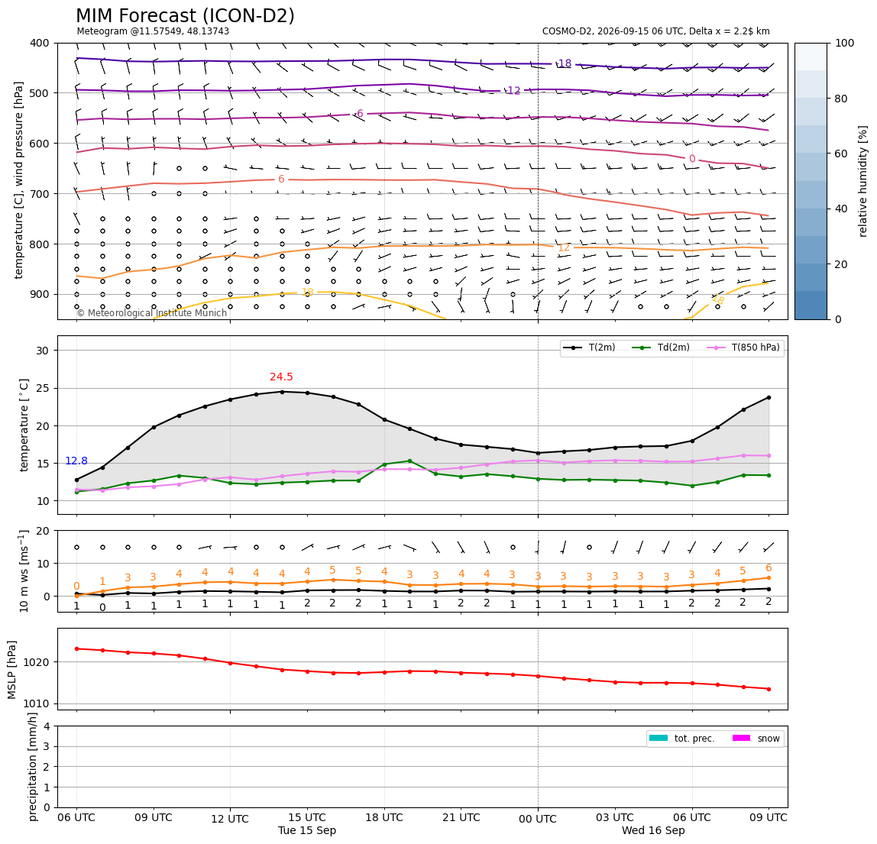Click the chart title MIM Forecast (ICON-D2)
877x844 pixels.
[185, 16]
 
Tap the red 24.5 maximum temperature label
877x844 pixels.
[281, 377]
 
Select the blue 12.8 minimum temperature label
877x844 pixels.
[76, 461]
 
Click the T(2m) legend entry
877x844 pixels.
[589, 348]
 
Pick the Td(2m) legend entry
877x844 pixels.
[661, 348]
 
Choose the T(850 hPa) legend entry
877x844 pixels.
[743, 348]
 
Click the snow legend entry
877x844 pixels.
[756, 739]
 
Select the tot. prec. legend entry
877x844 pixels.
[681, 739]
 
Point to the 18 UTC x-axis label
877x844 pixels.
[384, 817]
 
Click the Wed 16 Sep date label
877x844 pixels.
[653, 830]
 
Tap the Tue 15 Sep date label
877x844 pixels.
[307, 830]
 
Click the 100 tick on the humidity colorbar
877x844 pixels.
[844, 43]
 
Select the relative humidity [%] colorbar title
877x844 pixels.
[863, 181]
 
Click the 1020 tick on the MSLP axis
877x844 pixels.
[38, 662]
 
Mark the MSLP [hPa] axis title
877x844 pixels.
[12, 669]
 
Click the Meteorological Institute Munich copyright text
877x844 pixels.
[151, 312]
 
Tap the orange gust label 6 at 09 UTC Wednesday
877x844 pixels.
[769, 568]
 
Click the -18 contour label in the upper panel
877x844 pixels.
[564, 63]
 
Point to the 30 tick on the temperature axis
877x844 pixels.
[43, 351]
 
